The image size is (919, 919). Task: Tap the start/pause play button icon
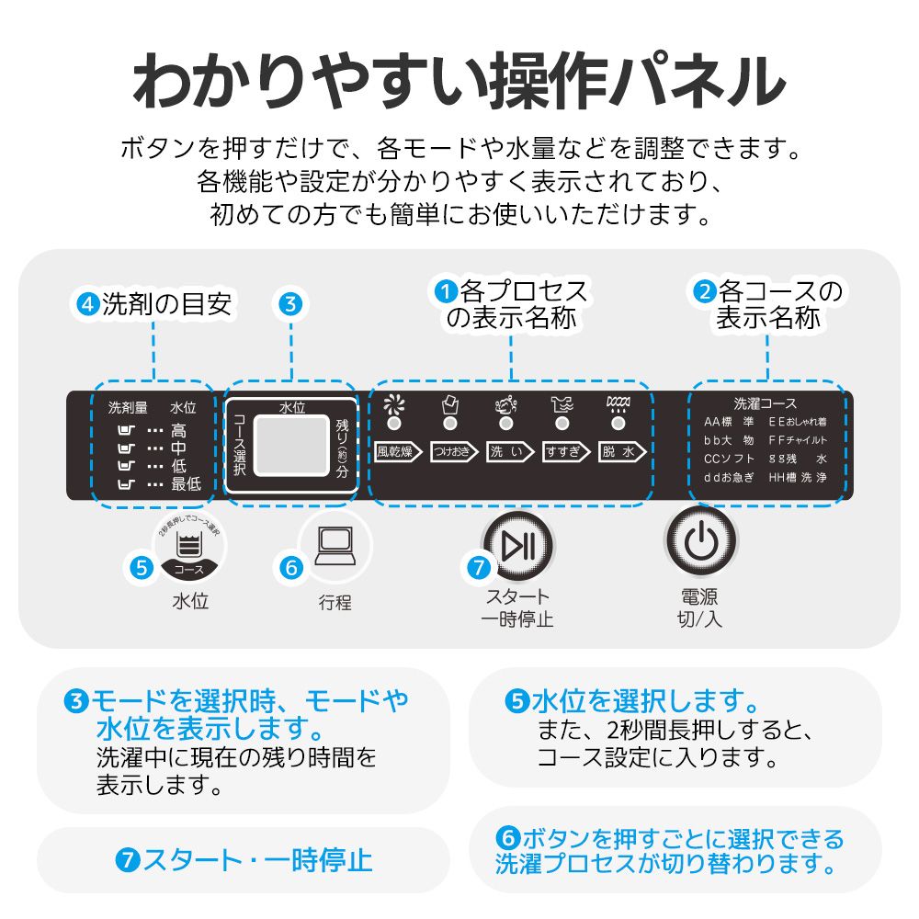[518, 545]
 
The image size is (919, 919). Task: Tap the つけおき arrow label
[455, 451]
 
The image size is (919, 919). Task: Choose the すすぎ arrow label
[565, 451]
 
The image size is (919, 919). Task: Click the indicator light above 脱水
[618, 424]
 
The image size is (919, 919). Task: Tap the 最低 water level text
[186, 483]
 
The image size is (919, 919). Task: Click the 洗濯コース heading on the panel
[765, 403]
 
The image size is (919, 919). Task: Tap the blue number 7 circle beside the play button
[478, 568]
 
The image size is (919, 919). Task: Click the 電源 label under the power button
[699, 596]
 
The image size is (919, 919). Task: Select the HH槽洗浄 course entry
[798, 478]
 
